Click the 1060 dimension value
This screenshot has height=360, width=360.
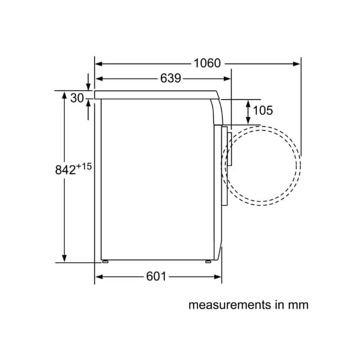pyautogui.click(x=207, y=63)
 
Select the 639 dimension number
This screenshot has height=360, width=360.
pyautogui.click(x=171, y=78)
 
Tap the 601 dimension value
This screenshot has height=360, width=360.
pyautogui.click(x=156, y=276)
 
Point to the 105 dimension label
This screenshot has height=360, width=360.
pyautogui.click(x=263, y=110)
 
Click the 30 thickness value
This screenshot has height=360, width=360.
pyautogui.click(x=77, y=98)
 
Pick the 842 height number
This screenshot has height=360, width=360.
pyautogui.click(x=65, y=170)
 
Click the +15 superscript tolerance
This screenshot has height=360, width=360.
pyautogui.click(x=84, y=166)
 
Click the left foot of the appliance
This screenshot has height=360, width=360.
pyautogui.click(x=105, y=261)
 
